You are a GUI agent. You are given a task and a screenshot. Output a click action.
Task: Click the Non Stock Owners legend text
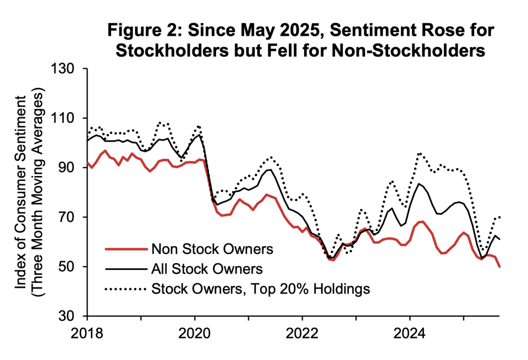pyautogui.click(x=211, y=249)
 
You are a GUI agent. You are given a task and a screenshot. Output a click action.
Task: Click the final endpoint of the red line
pyautogui.click(x=498, y=267)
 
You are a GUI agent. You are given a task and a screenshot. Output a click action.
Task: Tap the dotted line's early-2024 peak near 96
pyautogui.click(x=420, y=153)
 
